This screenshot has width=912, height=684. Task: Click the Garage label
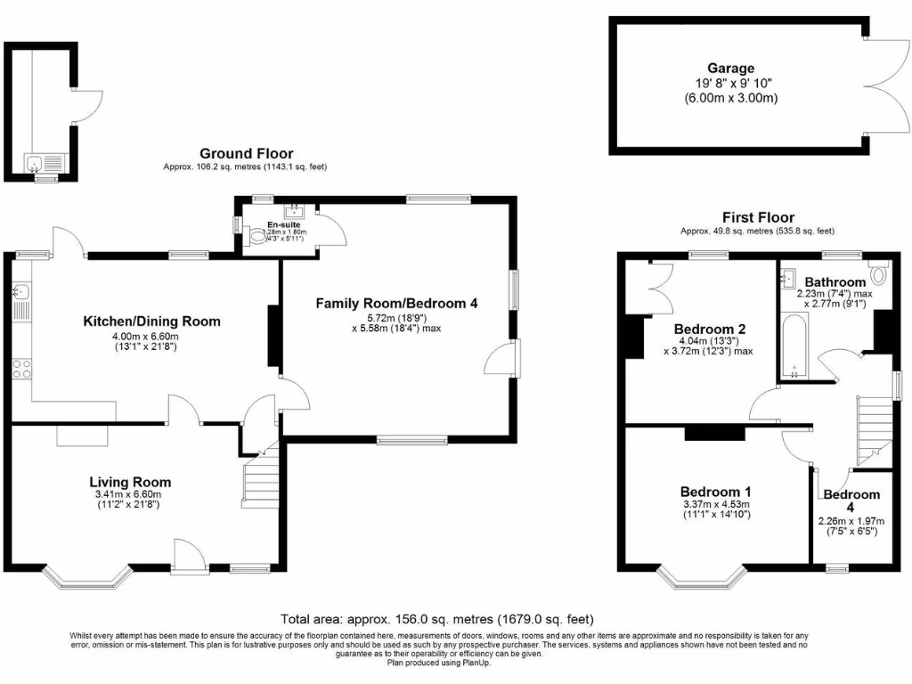[730, 69]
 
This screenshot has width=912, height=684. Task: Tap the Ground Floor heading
[246, 154]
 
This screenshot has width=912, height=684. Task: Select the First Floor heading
[758, 217]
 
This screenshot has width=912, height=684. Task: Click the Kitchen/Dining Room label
[151, 322]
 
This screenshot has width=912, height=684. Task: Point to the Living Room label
[134, 482]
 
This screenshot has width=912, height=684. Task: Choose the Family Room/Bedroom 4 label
[396, 304]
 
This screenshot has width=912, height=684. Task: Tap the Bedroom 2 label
[710, 329]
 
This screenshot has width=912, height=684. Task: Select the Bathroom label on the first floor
[834, 282]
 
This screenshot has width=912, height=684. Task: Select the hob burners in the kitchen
[21, 368]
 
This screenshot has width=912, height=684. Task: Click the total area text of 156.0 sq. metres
[437, 619]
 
